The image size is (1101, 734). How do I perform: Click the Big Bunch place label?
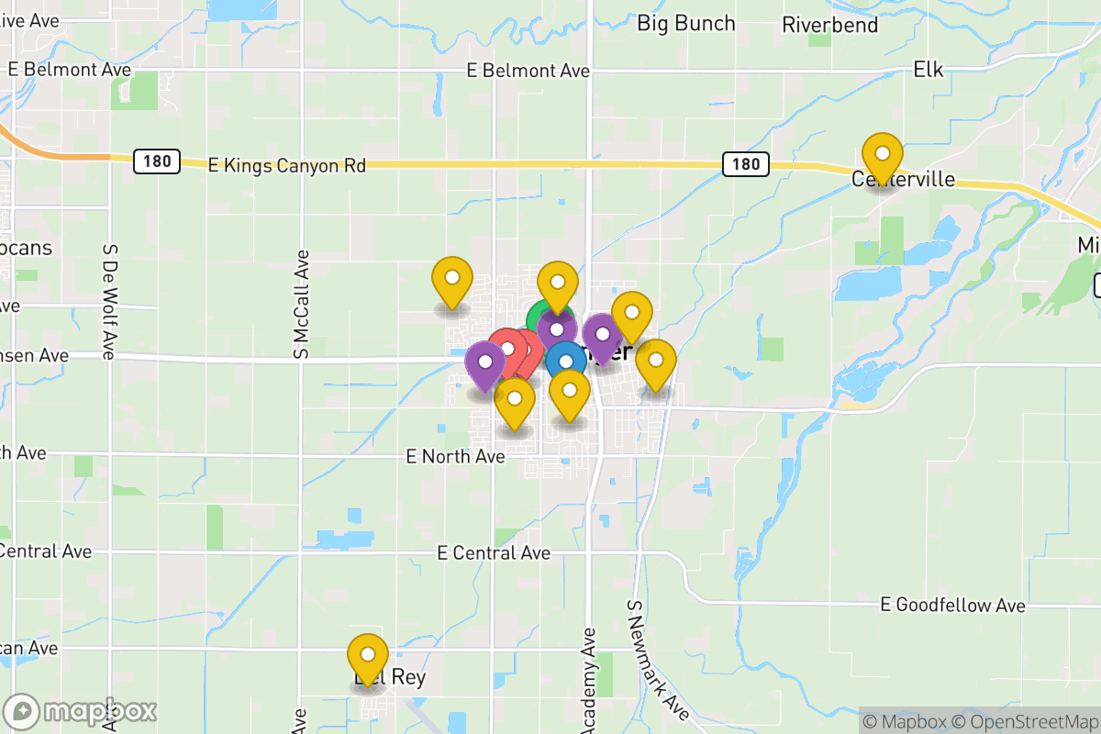click(686, 23)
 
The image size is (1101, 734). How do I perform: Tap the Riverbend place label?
click(829, 25)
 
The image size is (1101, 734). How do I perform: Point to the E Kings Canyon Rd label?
click(287, 165)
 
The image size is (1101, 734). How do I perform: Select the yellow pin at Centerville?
click(882, 154)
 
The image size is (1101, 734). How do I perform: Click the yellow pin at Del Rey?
click(368, 655)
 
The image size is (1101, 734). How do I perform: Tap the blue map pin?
click(566, 361)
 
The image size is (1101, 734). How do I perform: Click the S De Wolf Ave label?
click(109, 301)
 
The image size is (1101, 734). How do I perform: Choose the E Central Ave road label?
click(494, 553)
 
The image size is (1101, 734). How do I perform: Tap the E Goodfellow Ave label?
click(952, 606)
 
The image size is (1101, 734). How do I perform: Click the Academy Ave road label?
click(589, 679)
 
